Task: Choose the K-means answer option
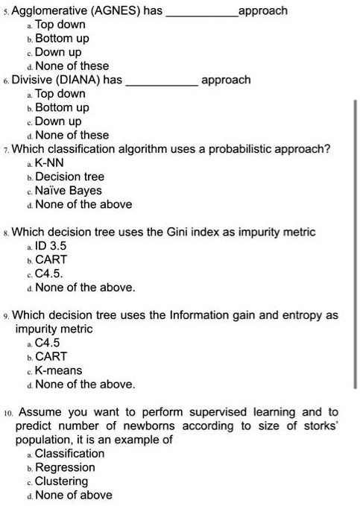pyautogui.click(x=60, y=370)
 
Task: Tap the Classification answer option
pyautogui.click(x=70, y=453)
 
